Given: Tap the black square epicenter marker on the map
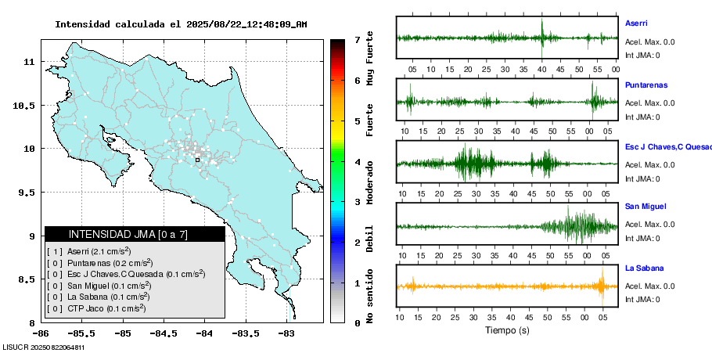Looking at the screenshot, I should coord(197,160).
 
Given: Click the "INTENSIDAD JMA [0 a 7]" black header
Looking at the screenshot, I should coord(135,234).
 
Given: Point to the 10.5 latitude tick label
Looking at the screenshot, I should coord(25,105).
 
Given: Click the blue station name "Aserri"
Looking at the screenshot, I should coord(636,23).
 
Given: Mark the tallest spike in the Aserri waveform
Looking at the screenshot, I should coord(541,30).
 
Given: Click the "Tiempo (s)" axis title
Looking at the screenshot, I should coord(507,330).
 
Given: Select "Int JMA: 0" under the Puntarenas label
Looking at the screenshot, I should coord(642,117).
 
